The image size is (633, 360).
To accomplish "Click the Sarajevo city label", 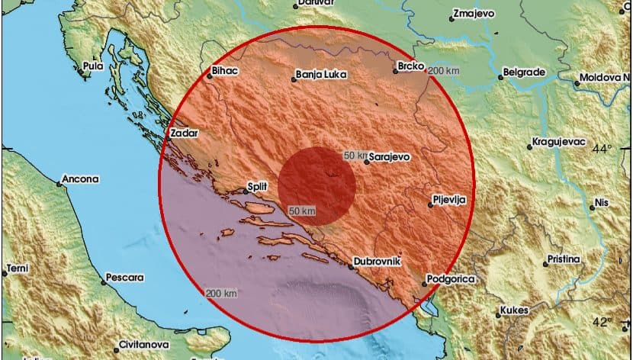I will point(390,156).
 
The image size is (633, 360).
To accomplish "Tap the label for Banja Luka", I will point(322,75).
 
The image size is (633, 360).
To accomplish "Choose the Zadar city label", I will point(185,133).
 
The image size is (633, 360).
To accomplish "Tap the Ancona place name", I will point(82,179).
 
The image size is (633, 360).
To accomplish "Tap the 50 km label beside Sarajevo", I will point(355,155).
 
